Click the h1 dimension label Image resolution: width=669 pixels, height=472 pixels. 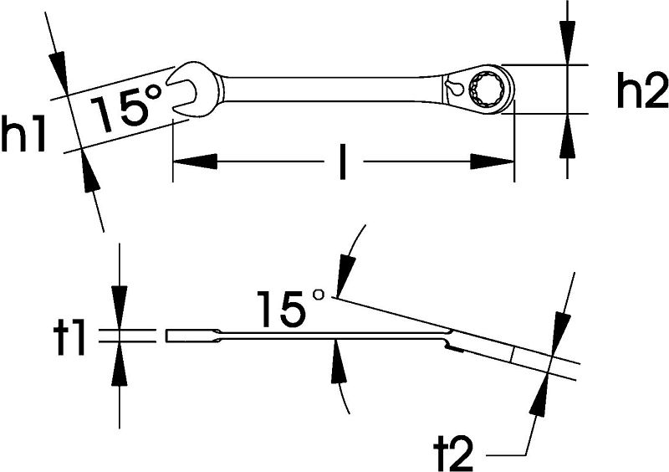click(x=23, y=134)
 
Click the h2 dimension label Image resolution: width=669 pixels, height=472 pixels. click(x=642, y=90)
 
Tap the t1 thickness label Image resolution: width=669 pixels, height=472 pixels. click(x=69, y=338)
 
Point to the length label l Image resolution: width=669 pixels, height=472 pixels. click(x=342, y=162)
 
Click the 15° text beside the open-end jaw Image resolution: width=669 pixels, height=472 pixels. click(x=127, y=108)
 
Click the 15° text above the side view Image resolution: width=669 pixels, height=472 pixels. click(x=290, y=307)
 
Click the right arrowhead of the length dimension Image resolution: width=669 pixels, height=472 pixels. click(x=492, y=162)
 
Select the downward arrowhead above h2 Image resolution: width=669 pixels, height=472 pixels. click(x=567, y=43)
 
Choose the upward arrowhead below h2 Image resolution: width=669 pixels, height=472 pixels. click(x=567, y=136)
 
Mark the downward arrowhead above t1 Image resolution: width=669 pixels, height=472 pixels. click(x=119, y=308)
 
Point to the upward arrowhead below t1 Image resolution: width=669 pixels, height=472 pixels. click(x=119, y=364)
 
